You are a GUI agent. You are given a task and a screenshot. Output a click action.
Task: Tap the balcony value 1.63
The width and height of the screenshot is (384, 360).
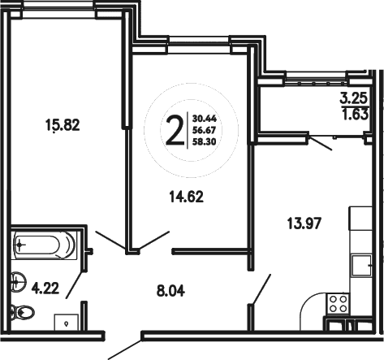point(352,115)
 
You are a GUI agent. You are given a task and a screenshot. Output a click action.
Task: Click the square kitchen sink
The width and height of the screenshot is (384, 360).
point(360,266)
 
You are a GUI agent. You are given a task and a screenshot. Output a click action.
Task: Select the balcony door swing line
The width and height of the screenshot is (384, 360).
point(322,144)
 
